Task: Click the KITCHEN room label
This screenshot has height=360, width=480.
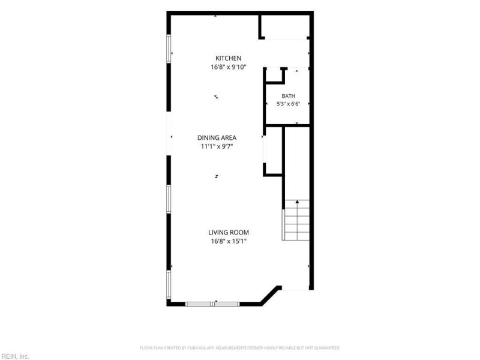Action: click(228, 58)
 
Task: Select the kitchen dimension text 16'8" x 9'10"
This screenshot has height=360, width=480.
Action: click(229, 67)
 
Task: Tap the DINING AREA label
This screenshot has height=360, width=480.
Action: click(217, 138)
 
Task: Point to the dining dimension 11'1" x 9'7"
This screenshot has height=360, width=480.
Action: click(217, 146)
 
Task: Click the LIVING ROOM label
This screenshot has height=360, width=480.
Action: click(229, 232)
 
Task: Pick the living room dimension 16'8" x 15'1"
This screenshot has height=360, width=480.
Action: click(229, 241)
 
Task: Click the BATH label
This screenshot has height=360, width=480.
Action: click(289, 96)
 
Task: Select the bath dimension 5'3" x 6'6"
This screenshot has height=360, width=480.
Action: click(289, 104)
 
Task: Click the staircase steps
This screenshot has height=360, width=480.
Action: click(297, 220)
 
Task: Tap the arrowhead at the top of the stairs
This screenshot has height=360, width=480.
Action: click(297, 202)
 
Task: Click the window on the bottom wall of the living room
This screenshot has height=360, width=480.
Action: click(212, 304)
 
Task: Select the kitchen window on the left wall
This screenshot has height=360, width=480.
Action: click(169, 49)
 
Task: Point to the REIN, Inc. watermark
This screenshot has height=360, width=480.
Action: click(14, 356)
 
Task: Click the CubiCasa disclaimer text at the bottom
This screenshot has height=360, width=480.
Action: click(240, 348)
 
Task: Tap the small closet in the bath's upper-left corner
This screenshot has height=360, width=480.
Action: click(274, 74)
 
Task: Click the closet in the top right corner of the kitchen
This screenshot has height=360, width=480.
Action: click(284, 26)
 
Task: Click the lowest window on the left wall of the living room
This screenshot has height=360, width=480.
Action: click(169, 284)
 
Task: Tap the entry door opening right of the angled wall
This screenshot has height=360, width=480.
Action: click(295, 288)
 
